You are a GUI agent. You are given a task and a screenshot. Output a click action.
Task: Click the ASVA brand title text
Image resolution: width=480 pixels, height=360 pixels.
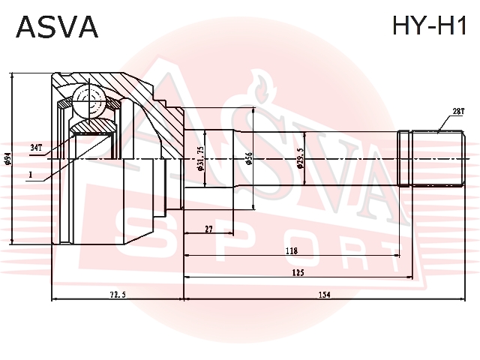[x=57, y=27]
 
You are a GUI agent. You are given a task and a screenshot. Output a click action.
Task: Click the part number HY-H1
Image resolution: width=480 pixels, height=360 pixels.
[x=429, y=25]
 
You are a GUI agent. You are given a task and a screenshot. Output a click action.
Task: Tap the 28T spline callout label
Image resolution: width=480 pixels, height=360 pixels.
[x=458, y=112]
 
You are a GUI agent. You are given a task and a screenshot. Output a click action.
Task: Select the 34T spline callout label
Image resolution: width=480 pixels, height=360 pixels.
[x=36, y=148]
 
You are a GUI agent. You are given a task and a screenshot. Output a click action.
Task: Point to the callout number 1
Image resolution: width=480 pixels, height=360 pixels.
[x=30, y=175]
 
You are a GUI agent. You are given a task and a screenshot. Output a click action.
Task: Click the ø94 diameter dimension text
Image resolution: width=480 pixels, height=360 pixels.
[x=8, y=159]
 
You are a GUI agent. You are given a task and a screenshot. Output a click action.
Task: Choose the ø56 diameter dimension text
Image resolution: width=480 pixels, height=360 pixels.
[x=249, y=159]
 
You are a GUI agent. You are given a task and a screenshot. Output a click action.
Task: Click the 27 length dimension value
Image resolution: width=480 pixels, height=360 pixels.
[x=208, y=229]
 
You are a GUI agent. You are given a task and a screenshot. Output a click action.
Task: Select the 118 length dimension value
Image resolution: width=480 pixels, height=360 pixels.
[x=292, y=251]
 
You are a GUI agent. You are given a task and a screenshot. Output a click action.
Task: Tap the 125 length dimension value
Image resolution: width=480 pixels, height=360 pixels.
[x=298, y=272]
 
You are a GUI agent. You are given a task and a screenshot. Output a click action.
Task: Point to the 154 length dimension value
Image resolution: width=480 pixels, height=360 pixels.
[x=325, y=295]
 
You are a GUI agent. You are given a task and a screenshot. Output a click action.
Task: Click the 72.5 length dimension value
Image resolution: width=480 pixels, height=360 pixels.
[x=118, y=295]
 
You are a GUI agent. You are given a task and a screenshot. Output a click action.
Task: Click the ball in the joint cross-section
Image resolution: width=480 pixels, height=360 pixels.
[x=89, y=100]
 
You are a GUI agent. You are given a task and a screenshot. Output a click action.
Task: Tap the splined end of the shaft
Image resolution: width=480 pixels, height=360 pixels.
[x=438, y=158]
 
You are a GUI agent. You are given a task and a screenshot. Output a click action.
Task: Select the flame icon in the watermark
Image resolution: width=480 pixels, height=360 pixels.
[x=260, y=86]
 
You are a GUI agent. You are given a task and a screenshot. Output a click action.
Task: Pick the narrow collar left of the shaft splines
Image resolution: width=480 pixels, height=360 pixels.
[x=403, y=158]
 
